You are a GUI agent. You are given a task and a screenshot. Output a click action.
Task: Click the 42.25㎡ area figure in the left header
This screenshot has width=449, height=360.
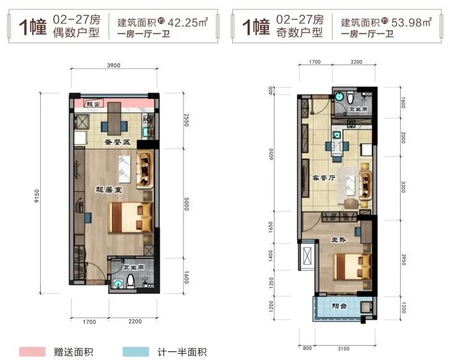(x=188, y=22)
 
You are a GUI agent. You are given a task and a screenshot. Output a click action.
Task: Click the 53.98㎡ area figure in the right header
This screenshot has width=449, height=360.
(x=411, y=22)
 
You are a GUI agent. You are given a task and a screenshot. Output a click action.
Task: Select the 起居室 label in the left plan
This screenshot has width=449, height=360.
(x=109, y=190)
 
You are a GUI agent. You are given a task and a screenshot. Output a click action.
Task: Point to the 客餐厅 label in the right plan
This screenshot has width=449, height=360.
(x=324, y=178)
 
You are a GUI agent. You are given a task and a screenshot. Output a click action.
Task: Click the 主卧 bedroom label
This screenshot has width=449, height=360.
(x=338, y=240)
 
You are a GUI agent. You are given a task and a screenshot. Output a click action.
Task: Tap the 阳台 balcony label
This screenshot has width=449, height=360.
(x=339, y=306)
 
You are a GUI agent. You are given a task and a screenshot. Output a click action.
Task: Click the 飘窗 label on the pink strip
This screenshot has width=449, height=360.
(x=93, y=104)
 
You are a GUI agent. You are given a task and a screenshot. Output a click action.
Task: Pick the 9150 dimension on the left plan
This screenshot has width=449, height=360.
(x=37, y=196)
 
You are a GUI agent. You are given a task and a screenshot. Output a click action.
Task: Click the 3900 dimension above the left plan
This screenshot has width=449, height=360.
(x=114, y=65)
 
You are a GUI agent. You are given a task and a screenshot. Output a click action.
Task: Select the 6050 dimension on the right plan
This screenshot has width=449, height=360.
(x=271, y=154)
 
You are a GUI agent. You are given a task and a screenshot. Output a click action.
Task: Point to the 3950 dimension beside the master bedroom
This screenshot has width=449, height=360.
(x=403, y=259)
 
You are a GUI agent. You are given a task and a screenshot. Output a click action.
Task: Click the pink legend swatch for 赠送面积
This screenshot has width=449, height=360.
(x=32, y=352)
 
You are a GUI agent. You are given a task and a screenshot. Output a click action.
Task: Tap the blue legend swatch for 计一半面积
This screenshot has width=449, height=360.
(x=136, y=352)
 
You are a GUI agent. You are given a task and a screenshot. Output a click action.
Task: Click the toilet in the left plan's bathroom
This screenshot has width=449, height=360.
(x=130, y=281)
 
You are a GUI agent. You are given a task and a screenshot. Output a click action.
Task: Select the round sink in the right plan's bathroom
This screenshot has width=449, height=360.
(x=339, y=96)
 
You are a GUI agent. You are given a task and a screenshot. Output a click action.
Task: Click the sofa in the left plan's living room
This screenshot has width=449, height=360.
(x=145, y=169)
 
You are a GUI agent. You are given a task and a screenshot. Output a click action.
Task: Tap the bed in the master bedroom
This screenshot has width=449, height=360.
(x=353, y=267)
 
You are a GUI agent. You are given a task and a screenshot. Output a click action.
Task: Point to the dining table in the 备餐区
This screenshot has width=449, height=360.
(x=114, y=119)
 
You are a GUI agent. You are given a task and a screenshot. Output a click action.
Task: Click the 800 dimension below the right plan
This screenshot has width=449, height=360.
(x=307, y=348)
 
